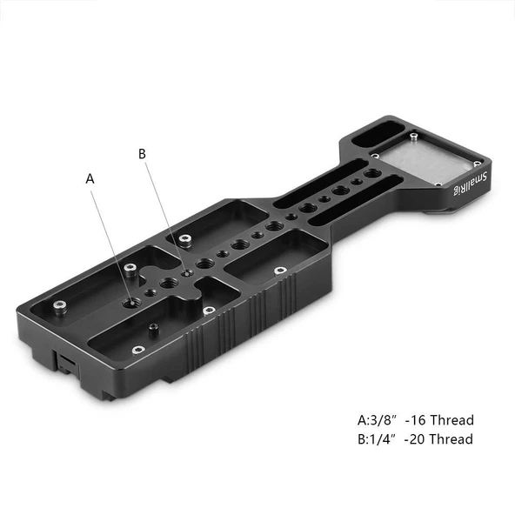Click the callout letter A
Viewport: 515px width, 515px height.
point(90,178)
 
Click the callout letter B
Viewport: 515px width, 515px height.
point(144,154)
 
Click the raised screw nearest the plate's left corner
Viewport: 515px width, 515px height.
point(58,306)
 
